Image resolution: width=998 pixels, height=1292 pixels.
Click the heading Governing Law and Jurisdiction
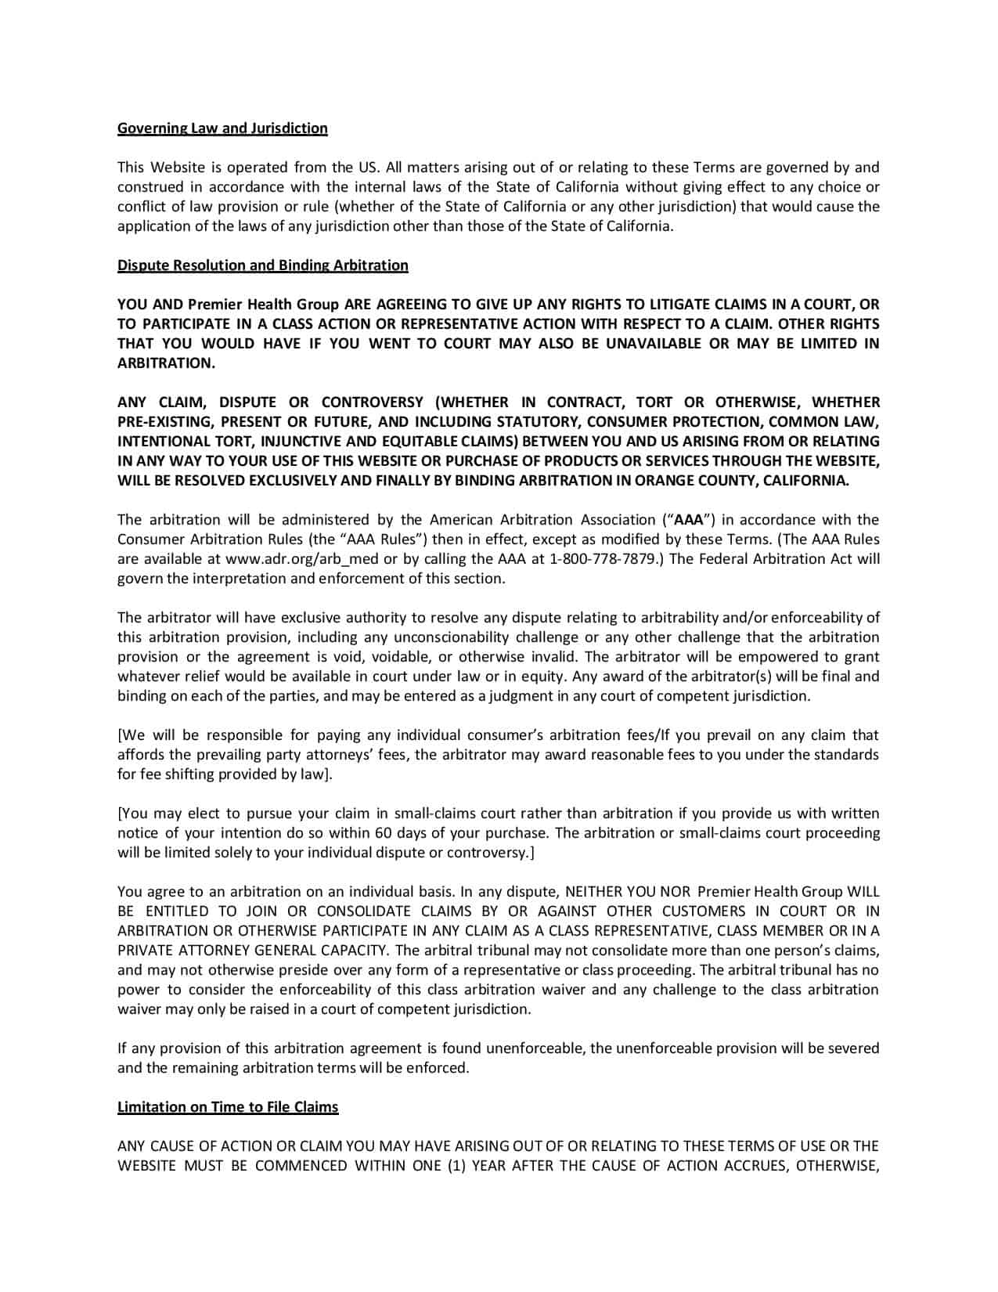(222, 128)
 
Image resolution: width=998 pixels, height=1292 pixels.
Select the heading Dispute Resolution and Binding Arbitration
(262, 265)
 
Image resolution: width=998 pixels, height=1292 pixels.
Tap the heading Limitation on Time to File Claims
(228, 1107)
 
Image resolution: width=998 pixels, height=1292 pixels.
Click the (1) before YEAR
(456, 1166)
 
